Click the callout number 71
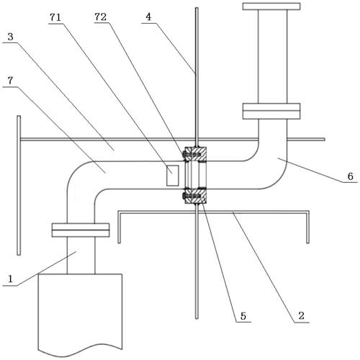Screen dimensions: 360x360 [x=55, y=17]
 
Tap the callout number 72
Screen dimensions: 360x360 [x=101, y=17]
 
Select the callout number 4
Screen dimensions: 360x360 [x=148, y=17]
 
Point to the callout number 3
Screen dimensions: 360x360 [x=10, y=37]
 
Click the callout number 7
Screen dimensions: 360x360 [x=10, y=81]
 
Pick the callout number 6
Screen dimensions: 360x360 [x=351, y=176]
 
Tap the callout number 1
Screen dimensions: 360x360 [x=10, y=279]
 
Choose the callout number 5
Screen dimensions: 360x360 [x=243, y=316]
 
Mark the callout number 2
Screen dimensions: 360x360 [x=302, y=315]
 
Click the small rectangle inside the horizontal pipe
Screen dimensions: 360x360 [x=173, y=176]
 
